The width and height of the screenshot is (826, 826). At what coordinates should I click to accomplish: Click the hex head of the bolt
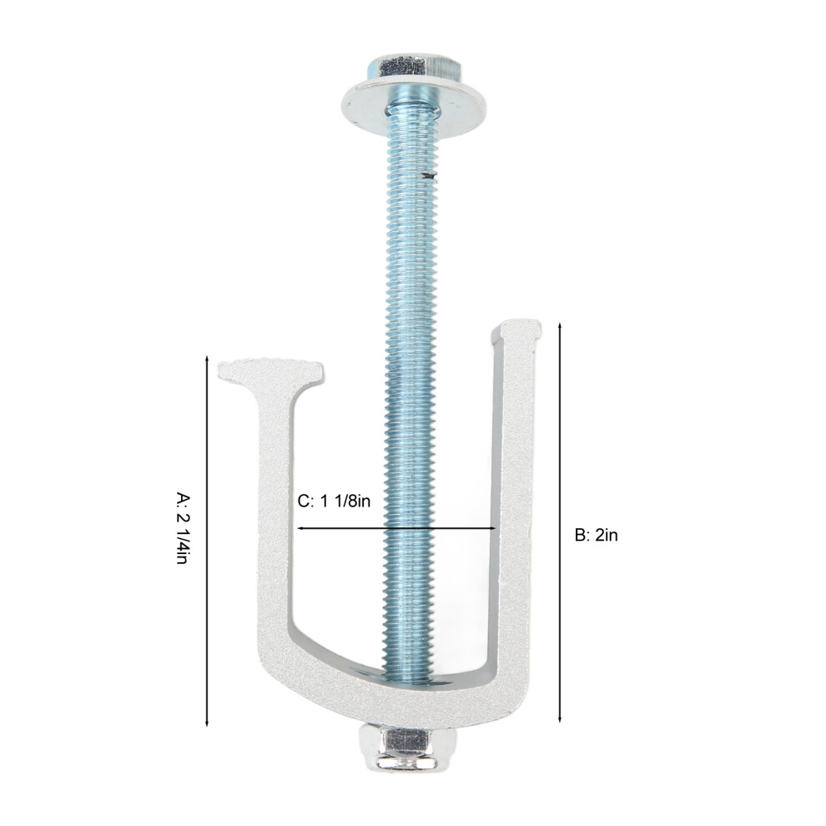pyautogui.click(x=415, y=67)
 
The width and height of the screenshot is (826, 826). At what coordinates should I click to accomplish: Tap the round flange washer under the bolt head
pyautogui.click(x=414, y=107)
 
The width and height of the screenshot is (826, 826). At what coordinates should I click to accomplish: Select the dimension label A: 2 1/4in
pyautogui.click(x=182, y=528)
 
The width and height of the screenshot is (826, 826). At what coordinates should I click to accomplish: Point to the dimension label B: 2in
pyautogui.click(x=596, y=535)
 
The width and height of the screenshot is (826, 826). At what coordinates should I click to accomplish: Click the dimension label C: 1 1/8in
pyautogui.click(x=334, y=501)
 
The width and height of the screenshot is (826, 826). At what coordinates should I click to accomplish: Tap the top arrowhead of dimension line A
pyautogui.click(x=207, y=360)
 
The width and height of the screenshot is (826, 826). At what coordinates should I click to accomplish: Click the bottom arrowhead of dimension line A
pyautogui.click(x=207, y=723)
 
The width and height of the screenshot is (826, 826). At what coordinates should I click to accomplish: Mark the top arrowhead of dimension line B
pyautogui.click(x=560, y=326)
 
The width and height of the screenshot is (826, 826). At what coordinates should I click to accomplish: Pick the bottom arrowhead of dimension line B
pyautogui.click(x=560, y=719)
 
